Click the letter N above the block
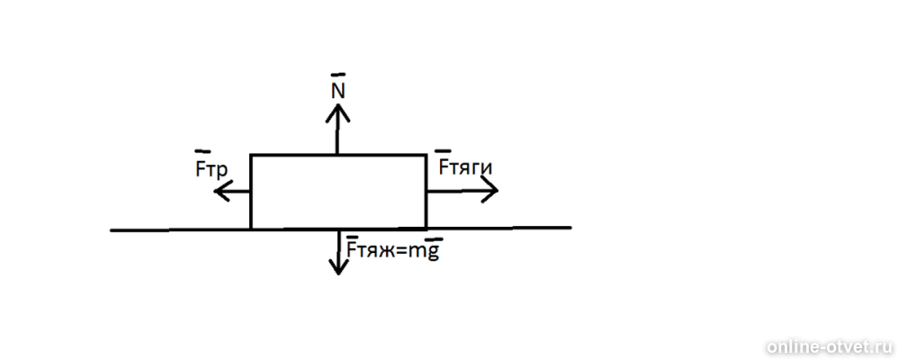tap(338, 93)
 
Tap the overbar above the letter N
tap(338, 75)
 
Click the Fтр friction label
tap(211, 169)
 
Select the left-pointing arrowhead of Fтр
tap(222, 191)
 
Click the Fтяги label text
tap(465, 167)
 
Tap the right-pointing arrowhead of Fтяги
tap(489, 190)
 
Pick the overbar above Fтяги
tap(443, 151)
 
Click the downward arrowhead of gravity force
tap(338, 265)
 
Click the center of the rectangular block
tap(338, 192)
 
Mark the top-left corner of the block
tap(251, 155)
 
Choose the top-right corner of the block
tap(427, 155)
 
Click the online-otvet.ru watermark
tap(830, 346)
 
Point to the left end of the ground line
tap(111, 230)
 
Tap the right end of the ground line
tap(571, 228)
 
